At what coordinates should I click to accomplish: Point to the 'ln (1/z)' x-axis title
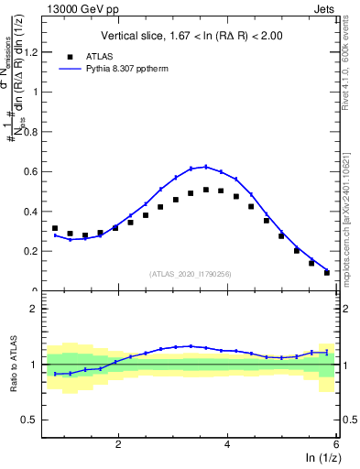coord(317,458)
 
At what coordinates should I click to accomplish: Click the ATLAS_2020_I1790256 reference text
coord(191,274)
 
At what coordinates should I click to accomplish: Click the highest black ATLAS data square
coord(206,190)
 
